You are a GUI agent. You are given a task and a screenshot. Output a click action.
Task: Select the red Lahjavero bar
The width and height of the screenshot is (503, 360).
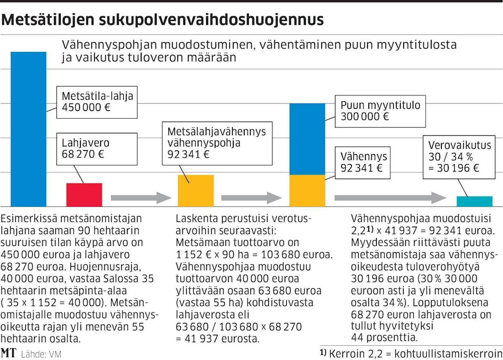point(84,195)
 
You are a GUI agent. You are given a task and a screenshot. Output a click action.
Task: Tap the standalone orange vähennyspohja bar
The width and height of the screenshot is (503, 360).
point(196,191)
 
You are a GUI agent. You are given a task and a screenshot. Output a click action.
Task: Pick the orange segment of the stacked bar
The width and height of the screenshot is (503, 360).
point(307,191)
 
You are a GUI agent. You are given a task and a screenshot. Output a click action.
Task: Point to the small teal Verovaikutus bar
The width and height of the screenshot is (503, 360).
point(474,201)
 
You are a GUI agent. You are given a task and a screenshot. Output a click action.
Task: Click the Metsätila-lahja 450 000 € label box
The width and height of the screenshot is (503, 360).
point(97,102)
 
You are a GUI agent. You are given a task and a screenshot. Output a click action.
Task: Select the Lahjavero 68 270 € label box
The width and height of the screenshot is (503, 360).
point(97,149)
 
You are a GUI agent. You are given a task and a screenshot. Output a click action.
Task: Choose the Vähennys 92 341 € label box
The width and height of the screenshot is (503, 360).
point(363,162)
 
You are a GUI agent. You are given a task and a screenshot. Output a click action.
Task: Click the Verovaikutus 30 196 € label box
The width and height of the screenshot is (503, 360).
point(459,157)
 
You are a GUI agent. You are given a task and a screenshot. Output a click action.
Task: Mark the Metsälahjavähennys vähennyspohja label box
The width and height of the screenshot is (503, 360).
point(217,143)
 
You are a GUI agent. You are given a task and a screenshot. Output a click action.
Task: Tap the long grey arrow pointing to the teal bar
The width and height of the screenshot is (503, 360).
point(390,198)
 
